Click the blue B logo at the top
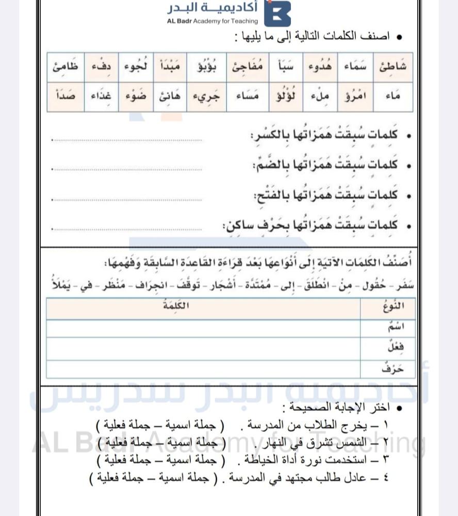click(277, 13)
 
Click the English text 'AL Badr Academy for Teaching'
click(212, 21)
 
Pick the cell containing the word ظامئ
click(66, 67)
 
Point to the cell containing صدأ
click(66, 96)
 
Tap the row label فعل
click(395, 347)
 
